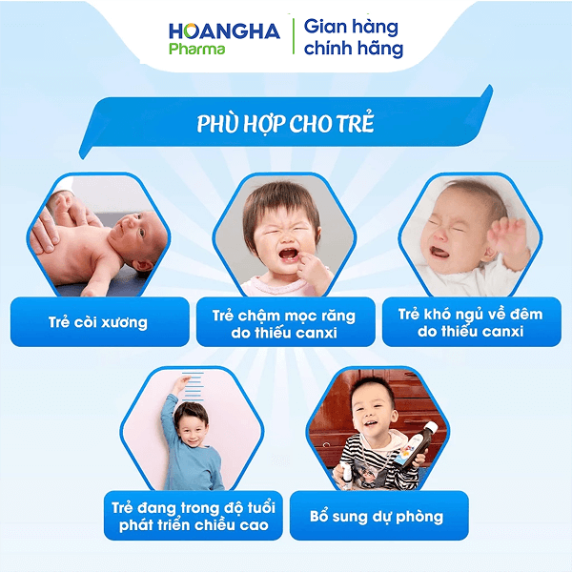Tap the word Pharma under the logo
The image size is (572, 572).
(x=196, y=49)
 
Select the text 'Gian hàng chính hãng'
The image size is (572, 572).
(x=353, y=37)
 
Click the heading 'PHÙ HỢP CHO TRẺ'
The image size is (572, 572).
(x=285, y=125)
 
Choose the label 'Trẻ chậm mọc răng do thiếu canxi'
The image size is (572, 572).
(x=285, y=322)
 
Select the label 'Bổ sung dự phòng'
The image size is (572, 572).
(x=377, y=516)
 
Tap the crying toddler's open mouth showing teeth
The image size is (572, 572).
(x=284, y=253)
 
